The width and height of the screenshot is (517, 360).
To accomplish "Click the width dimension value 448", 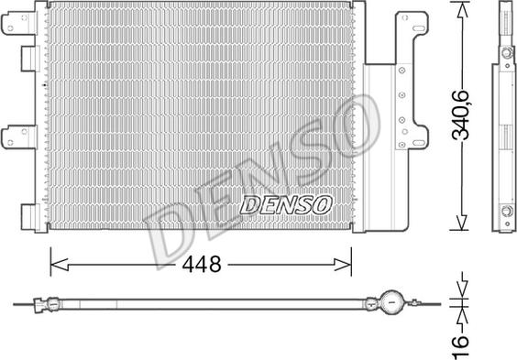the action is pos(202,264).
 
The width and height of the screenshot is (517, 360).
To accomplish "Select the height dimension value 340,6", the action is pos(460,115).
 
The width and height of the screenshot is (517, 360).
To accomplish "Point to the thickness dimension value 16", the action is pos(460,346).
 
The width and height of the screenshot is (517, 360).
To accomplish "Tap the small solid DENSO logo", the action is pos(286,205).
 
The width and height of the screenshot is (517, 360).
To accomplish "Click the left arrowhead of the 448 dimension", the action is pos(60,264).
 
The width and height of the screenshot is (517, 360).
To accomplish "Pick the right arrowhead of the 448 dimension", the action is pos(343,264).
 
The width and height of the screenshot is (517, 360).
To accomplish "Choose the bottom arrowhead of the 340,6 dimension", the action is pos(461,223).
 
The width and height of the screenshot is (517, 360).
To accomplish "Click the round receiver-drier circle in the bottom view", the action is pos(391,302).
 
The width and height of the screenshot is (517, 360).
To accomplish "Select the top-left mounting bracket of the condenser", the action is pos(20,23).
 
